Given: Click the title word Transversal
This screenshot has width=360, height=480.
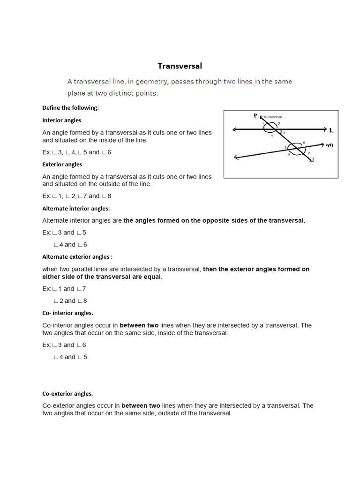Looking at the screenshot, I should click(x=180, y=66).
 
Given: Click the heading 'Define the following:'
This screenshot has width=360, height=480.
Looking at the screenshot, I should click(x=70, y=108).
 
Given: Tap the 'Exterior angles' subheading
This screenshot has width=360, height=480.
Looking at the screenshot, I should click(x=62, y=165).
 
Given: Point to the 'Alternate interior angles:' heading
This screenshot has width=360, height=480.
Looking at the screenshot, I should click(x=76, y=209).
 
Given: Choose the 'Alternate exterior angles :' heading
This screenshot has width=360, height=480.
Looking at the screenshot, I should click(x=77, y=257).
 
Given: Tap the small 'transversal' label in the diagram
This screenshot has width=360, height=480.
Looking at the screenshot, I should click(x=273, y=117).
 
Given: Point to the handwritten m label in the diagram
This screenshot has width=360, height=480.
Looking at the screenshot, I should click(x=329, y=145).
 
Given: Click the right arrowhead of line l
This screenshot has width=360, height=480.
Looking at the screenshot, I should click(x=324, y=129).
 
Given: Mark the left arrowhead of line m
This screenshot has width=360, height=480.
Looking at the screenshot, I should click(x=235, y=158).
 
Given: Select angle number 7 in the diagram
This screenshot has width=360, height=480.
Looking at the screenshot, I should click(x=309, y=153).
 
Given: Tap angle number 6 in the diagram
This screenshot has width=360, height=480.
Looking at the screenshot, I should click(x=304, y=142).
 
